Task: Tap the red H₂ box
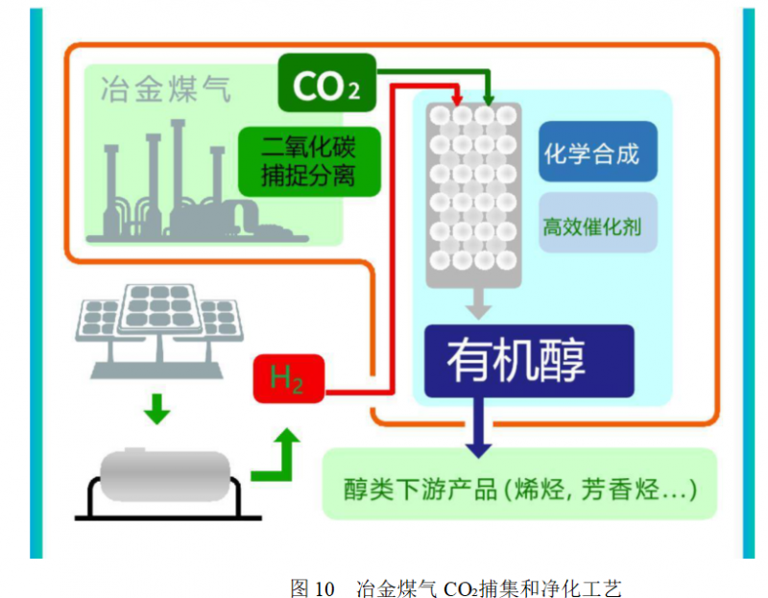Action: (288, 378)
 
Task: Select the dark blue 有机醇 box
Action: (529, 360)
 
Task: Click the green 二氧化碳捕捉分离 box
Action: (309, 161)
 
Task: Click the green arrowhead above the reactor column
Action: (488, 97)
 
